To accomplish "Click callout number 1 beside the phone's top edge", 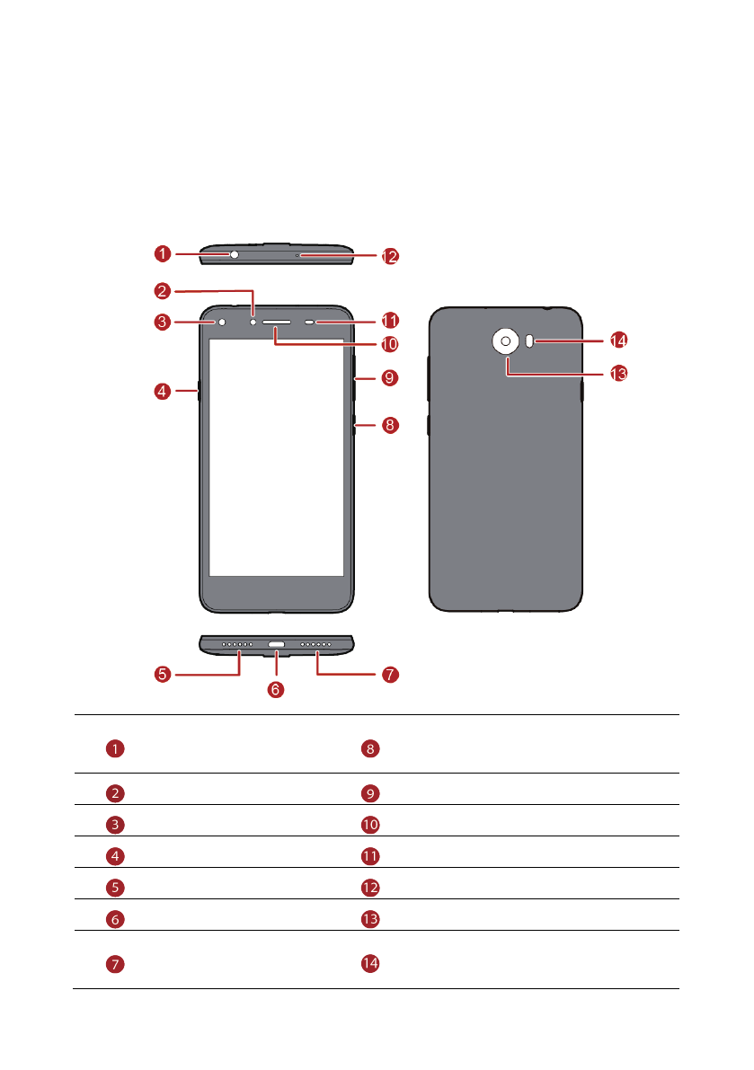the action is click(161, 254).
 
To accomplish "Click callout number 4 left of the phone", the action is click(161, 391).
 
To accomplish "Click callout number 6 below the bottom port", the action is click(276, 689).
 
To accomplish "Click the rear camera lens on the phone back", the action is click(506, 341).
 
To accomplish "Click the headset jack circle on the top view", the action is click(235, 254).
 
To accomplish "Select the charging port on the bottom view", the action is click(277, 645).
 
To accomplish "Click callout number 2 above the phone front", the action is click(161, 291).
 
